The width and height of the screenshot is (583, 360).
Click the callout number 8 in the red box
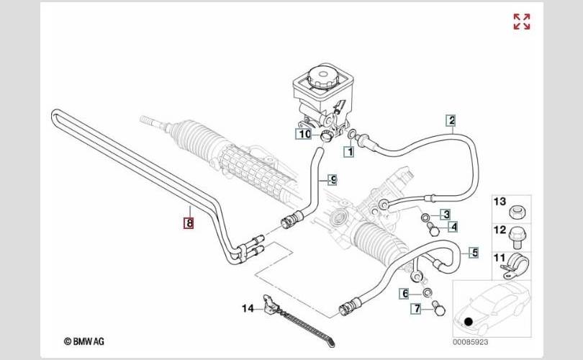point(189,224)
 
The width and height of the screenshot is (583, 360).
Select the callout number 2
point(451,120)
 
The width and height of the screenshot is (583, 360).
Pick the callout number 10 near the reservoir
point(304,133)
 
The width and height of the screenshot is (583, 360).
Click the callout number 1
point(348,152)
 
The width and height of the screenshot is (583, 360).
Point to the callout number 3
point(446,214)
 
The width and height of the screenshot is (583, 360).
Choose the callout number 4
point(453,227)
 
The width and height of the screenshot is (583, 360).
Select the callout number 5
point(474,252)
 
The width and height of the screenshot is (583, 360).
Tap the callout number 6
point(406,293)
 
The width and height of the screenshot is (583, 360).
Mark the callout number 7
point(416,310)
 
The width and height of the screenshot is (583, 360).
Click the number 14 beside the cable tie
point(248,309)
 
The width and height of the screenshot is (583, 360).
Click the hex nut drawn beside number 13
point(518,212)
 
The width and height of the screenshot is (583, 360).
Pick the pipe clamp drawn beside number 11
point(517,263)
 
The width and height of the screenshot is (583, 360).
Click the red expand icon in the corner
point(522,22)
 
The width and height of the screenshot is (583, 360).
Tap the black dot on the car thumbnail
point(469,322)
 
